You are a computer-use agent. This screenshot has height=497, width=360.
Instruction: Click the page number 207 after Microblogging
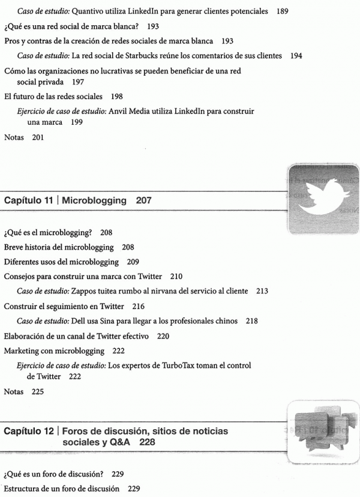[x=143, y=201]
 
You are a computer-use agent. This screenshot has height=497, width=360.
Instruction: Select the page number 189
[x=283, y=11]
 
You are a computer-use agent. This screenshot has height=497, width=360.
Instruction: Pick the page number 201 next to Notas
[x=38, y=137]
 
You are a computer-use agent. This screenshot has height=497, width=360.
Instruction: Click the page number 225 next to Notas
[x=38, y=392]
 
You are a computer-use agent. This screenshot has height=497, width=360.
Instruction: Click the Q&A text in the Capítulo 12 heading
[x=121, y=442]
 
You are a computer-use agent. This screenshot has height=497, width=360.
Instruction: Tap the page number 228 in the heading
[x=148, y=442]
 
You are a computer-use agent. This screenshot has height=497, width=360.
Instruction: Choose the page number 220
[x=163, y=336]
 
